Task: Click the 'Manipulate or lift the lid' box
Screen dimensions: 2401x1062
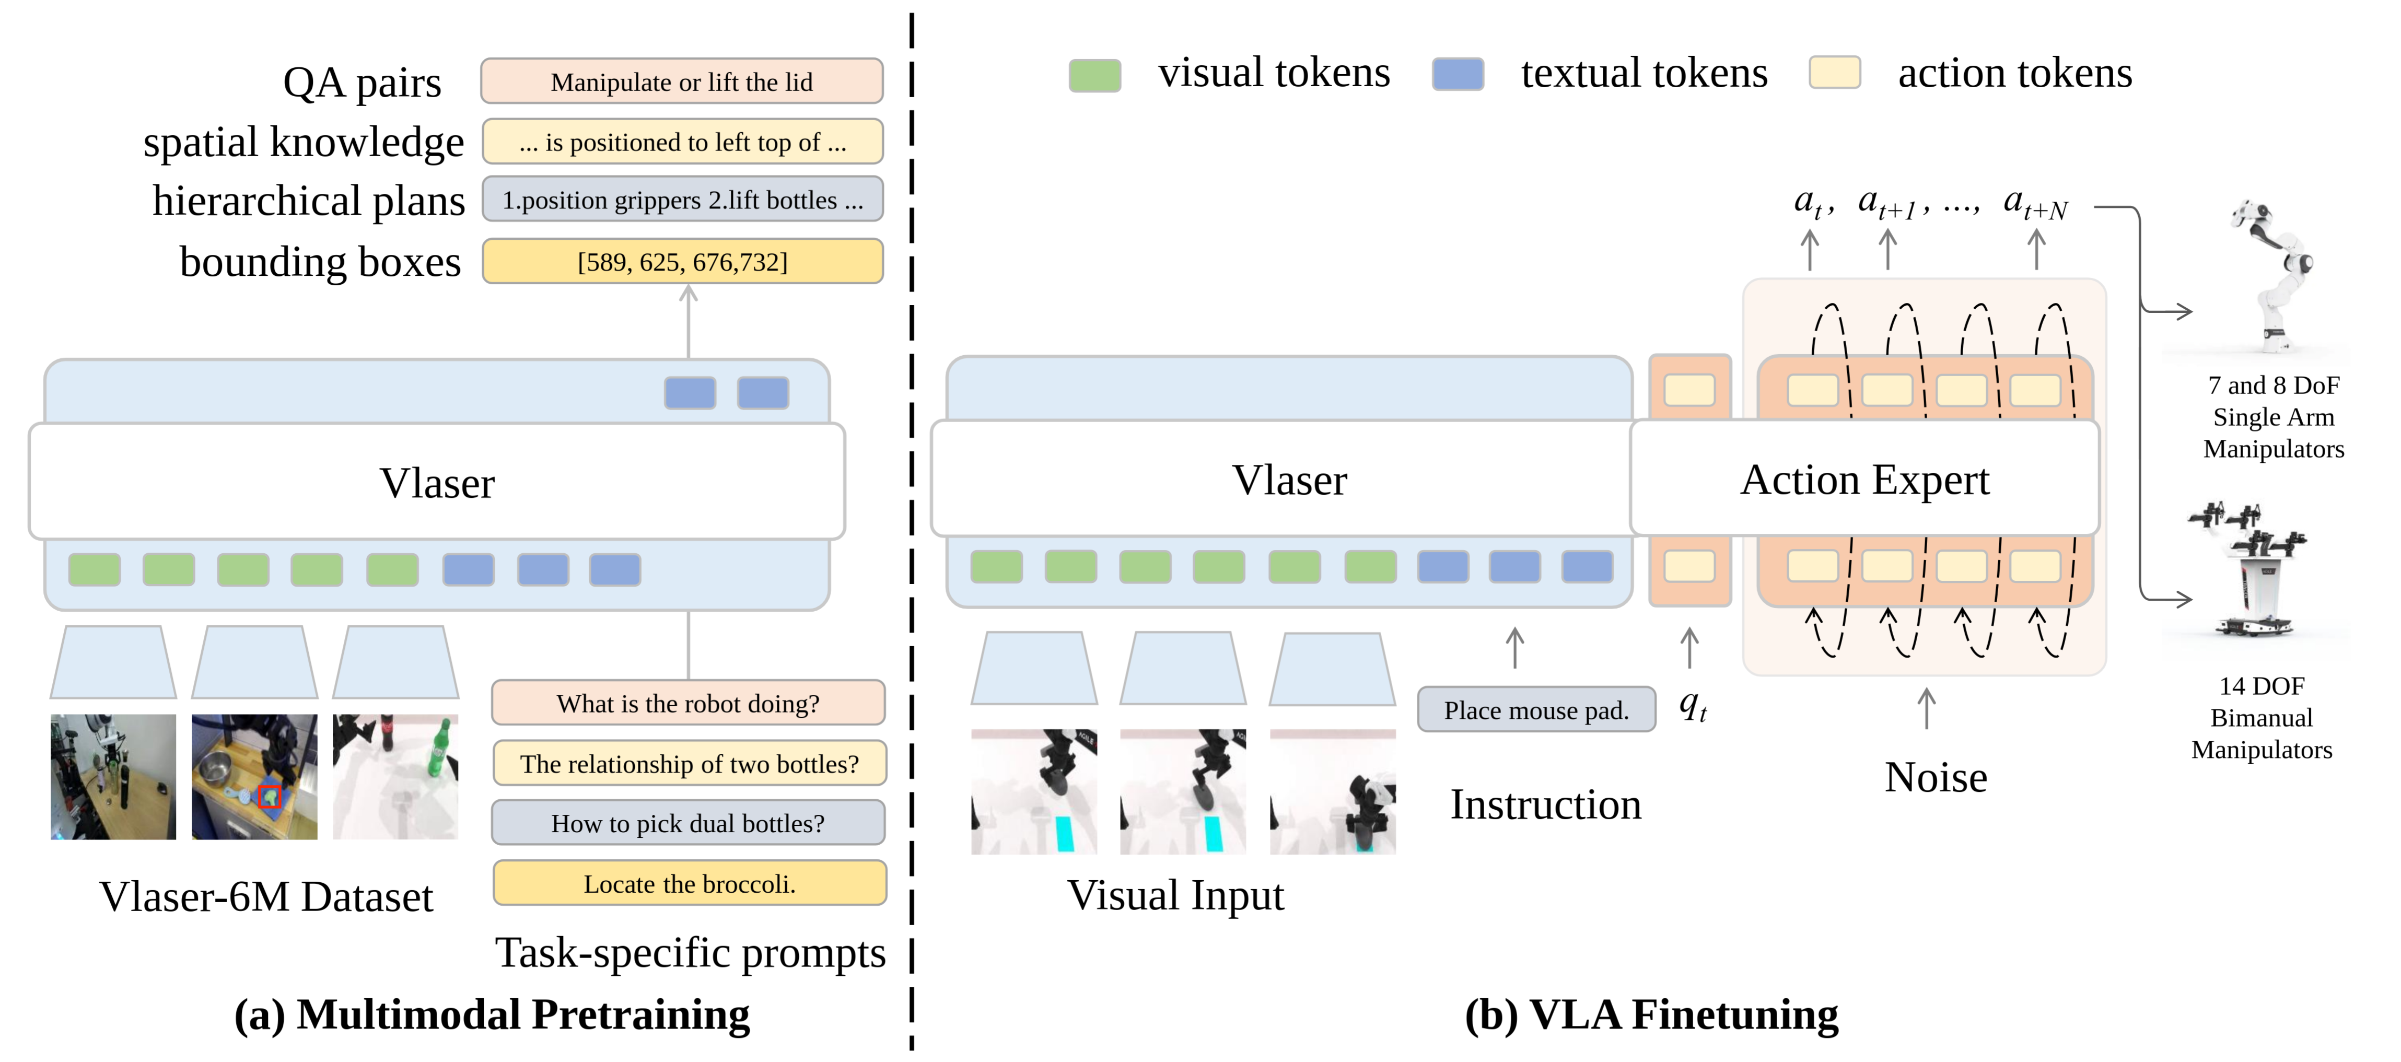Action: [681, 81]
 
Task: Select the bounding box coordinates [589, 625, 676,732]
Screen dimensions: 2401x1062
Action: [682, 261]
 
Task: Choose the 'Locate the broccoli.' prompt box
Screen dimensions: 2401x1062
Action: [690, 883]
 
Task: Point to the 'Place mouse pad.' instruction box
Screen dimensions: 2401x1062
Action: [1536, 709]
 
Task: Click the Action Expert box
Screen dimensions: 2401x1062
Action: [1864, 479]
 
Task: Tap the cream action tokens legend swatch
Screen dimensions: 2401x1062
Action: [1834, 72]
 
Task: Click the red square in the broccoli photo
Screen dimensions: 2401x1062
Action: [270, 796]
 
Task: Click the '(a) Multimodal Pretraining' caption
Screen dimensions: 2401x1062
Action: [492, 1014]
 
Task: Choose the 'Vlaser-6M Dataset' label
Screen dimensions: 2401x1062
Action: [266, 896]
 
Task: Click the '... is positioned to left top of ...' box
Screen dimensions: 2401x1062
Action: [682, 142]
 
